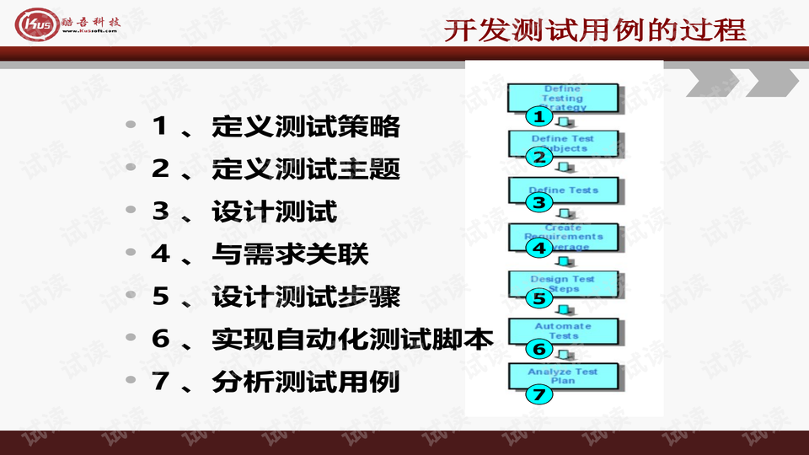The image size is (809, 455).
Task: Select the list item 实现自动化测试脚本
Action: coord(352,339)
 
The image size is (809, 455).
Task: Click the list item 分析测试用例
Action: coord(306,382)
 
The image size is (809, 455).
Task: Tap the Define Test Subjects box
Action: coord(563,142)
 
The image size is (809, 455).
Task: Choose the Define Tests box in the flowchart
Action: coord(563,189)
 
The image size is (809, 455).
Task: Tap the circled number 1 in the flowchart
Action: coord(538,116)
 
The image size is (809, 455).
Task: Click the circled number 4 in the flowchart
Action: coord(538,249)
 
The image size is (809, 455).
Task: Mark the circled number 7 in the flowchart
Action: coord(538,394)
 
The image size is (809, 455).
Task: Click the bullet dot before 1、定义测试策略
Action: coord(130,125)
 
